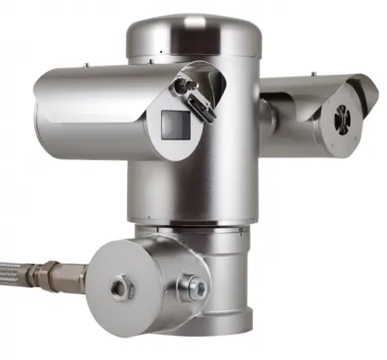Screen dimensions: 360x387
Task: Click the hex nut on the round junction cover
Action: click(x=118, y=288)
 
